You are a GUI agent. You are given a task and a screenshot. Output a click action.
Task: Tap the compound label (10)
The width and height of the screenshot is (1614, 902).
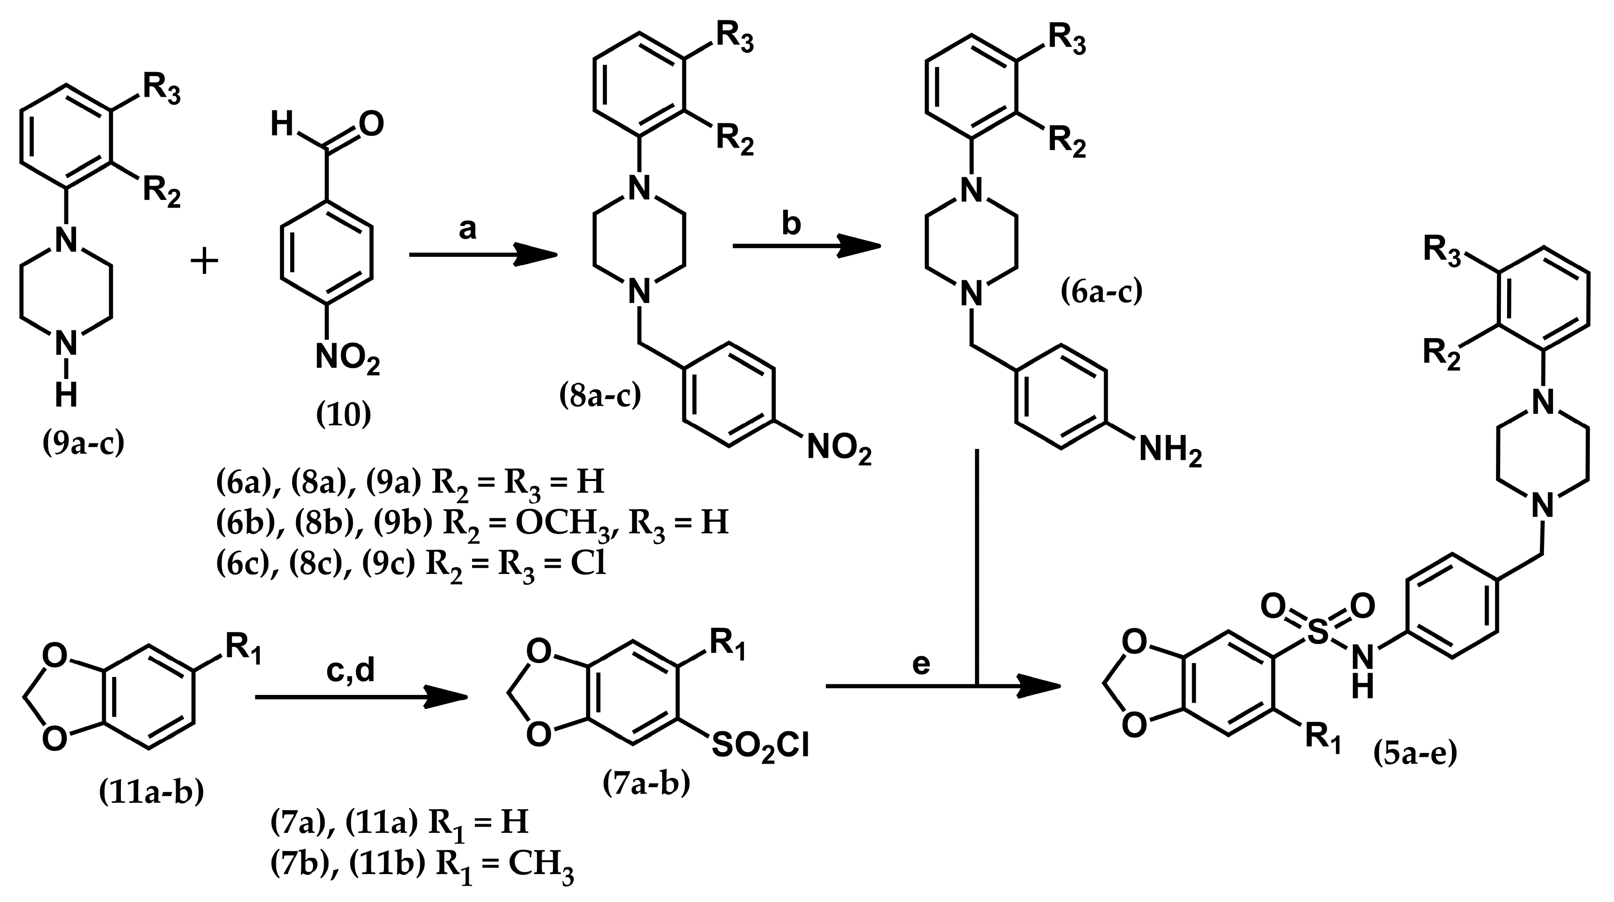(x=343, y=414)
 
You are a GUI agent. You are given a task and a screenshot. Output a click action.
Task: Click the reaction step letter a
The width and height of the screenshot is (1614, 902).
(x=467, y=230)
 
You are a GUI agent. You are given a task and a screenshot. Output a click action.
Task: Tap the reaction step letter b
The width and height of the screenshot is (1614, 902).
(x=791, y=224)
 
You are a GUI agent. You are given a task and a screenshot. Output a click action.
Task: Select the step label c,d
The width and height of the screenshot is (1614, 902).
(x=350, y=670)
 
